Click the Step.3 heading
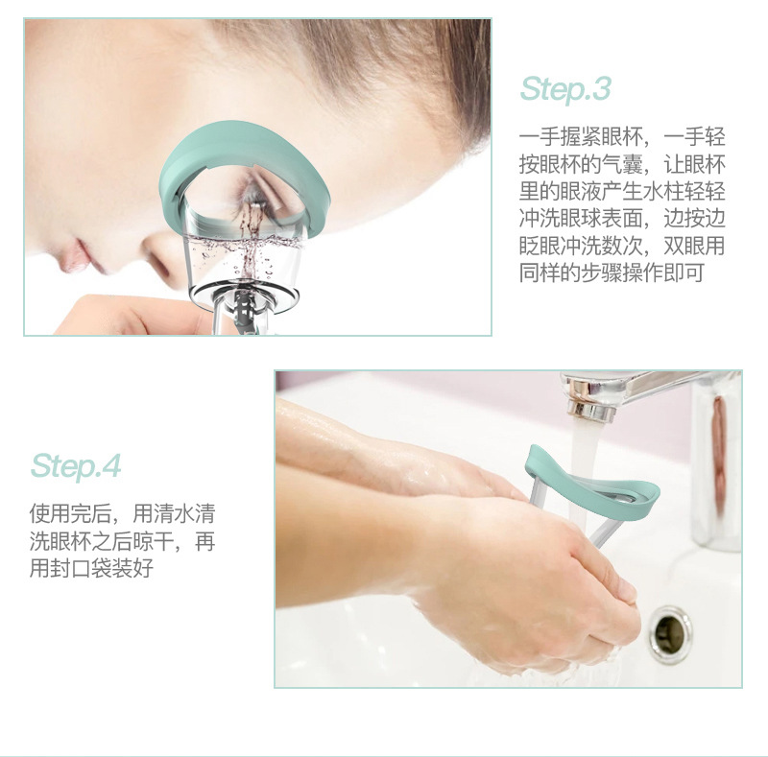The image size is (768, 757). (x=565, y=89)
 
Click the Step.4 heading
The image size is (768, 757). (x=76, y=466)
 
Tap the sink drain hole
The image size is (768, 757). (x=669, y=629)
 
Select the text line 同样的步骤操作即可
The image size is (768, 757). (x=612, y=272)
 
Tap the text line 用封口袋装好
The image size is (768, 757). (x=91, y=569)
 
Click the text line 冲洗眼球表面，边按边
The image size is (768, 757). (x=621, y=217)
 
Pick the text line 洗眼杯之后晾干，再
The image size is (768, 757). (x=122, y=541)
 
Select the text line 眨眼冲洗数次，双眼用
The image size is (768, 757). (x=621, y=245)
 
